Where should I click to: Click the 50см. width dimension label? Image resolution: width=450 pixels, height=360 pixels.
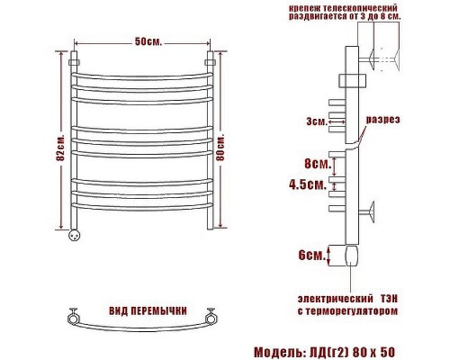click(x=148, y=41)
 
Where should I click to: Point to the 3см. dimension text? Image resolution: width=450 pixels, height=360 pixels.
click(x=317, y=121)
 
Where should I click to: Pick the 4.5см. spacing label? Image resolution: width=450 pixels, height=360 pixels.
click(x=308, y=184)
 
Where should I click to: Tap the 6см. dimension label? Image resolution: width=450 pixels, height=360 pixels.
click(x=312, y=256)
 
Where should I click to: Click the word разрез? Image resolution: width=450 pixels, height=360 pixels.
click(x=382, y=120)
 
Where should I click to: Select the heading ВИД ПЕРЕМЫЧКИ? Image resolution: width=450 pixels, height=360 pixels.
click(x=148, y=311)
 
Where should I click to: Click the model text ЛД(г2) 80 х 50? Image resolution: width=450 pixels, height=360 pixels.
click(x=350, y=352)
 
